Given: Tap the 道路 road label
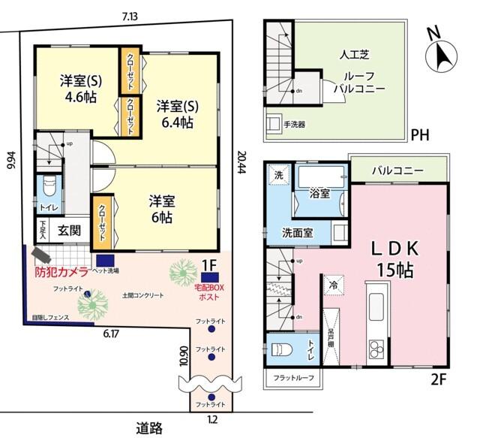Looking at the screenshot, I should [x=150, y=427].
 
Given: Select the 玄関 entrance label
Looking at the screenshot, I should [x=69, y=231].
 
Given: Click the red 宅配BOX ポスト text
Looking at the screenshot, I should [x=209, y=291].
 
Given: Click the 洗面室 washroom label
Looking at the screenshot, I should [x=298, y=232].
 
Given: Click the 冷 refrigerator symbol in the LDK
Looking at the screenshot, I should [x=331, y=286].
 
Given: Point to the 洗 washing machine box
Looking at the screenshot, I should [x=278, y=176].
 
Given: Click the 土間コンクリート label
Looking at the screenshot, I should [x=142, y=295].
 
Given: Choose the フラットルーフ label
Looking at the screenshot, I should [x=293, y=377].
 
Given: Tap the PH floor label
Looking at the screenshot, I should [x=420, y=136].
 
